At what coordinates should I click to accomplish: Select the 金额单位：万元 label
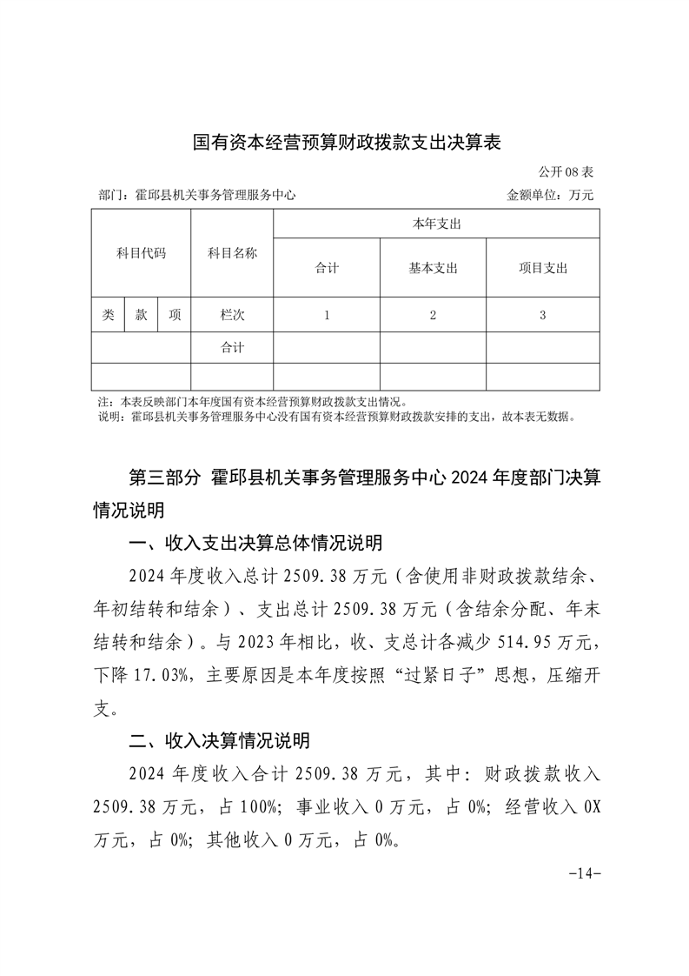point(550,196)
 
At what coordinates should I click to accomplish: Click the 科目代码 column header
point(141,254)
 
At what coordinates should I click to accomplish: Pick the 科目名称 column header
point(232,254)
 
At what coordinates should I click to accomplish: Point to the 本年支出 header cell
point(436,224)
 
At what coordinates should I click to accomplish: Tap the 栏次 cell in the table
point(232,316)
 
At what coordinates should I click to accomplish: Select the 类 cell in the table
point(108,316)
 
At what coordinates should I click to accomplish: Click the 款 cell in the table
point(141,316)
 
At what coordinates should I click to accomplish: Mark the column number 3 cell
point(542,316)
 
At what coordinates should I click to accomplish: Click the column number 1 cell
point(327,316)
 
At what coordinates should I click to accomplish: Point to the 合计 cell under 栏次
point(232,348)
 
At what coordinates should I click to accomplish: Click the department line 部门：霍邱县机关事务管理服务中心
point(197,196)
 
